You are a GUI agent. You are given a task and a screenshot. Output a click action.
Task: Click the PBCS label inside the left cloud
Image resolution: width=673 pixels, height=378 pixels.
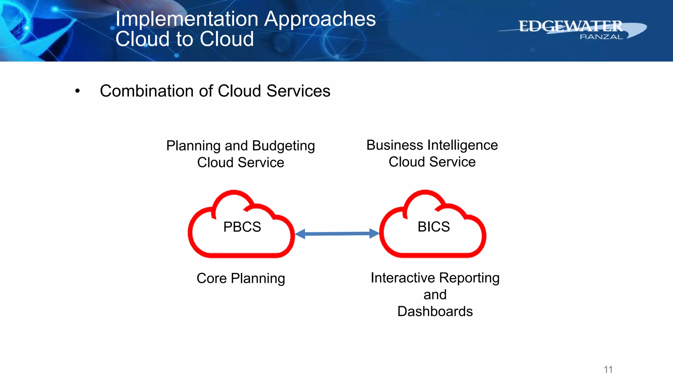point(242,227)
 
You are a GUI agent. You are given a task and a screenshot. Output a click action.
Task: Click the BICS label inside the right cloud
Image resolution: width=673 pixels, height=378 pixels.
point(433,227)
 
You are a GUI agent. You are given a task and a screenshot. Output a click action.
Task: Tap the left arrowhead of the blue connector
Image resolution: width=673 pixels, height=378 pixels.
point(300,234)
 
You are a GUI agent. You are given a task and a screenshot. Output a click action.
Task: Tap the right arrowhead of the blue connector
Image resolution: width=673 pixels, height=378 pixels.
point(374,233)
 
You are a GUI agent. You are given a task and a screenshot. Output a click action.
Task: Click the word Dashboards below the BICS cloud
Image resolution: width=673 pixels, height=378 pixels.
point(435,311)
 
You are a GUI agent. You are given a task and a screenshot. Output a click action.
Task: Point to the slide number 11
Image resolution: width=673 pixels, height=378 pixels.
point(608,369)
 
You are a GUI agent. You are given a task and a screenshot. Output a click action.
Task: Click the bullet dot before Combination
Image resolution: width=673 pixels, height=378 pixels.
point(77,91)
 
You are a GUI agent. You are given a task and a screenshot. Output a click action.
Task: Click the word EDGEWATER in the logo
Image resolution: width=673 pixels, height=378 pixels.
point(570,26)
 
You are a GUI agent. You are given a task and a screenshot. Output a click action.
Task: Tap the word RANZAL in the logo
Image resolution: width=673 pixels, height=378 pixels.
point(601,37)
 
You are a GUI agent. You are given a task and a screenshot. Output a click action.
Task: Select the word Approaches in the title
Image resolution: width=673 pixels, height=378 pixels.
point(320,19)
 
